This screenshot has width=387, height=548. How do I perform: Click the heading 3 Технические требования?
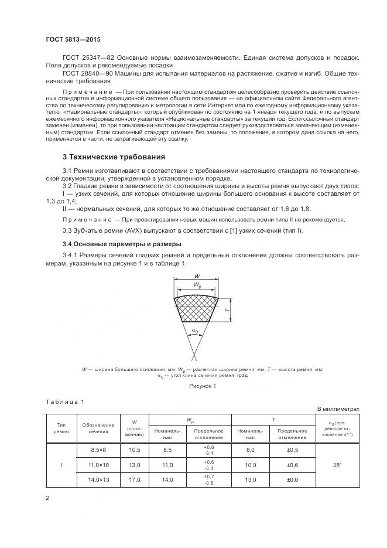pyautogui.click(x=114, y=157)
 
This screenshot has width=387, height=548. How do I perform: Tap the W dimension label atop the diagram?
pyautogui.click(x=197, y=277)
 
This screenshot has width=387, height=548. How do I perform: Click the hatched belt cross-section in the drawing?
pyautogui.click(x=197, y=308)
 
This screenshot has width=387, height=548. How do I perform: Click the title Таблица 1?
pyautogui.click(x=66, y=401)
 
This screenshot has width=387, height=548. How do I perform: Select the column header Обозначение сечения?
pyautogui.click(x=94, y=428)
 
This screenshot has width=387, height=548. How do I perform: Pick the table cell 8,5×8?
pyautogui.click(x=94, y=450)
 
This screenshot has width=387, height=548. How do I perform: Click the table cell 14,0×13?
pyautogui.click(x=94, y=480)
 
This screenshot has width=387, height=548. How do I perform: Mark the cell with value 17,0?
pyautogui.click(x=134, y=480)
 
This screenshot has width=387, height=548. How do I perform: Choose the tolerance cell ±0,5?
pyautogui.click(x=292, y=450)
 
